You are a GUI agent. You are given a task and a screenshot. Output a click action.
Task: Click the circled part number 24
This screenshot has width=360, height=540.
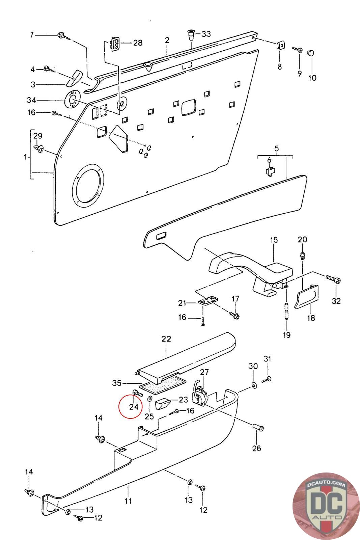134,407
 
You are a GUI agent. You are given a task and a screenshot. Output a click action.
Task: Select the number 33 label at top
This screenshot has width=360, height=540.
206,34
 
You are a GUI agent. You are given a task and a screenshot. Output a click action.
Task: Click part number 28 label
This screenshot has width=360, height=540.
137,43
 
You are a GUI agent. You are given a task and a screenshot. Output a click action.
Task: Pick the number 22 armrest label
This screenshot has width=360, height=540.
166,339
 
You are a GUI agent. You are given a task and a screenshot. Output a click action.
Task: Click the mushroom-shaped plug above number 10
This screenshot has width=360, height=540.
311,53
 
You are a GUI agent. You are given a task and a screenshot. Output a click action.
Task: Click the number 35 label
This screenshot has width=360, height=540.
116,383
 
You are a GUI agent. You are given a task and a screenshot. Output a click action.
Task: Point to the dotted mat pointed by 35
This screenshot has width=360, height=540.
163,385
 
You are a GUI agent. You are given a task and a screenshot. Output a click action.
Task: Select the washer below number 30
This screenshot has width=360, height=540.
253,385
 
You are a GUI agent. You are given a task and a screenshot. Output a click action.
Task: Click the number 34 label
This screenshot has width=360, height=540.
31,100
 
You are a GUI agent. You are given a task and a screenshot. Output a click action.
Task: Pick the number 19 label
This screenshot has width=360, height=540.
286,335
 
